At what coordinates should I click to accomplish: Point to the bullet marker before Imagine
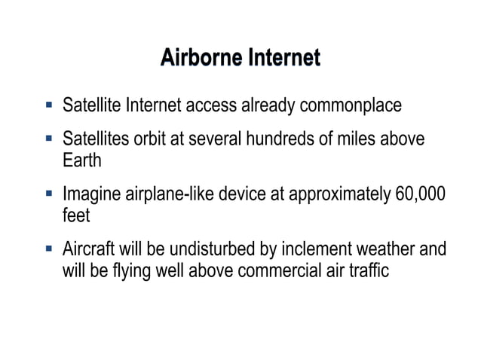pos(49,194)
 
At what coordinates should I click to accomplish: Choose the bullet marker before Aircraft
pos(49,249)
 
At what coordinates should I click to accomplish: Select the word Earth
pos(81,160)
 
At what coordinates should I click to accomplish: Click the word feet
pos(76,215)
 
